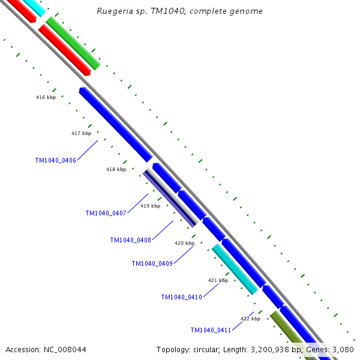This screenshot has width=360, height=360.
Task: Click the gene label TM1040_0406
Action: tap(56, 160)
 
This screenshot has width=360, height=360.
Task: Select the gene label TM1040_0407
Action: tap(106, 213)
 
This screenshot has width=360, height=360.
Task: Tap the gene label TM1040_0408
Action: tap(130, 240)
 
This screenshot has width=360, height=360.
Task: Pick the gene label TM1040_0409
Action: tap(152, 263)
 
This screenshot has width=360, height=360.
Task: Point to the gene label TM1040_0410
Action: tap(181, 297)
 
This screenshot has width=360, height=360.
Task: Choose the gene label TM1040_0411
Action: tap(211, 330)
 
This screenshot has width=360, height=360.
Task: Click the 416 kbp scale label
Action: tap(46, 97)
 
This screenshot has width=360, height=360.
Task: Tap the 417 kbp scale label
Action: tap(81, 133)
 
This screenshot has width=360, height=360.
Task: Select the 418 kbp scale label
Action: tap(116, 169)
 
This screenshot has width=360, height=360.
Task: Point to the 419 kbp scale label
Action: tap(150, 206)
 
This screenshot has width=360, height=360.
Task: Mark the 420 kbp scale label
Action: tap(184, 243)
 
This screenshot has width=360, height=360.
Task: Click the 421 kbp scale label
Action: tap(218, 280)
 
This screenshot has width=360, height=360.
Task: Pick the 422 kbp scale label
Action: tap(250, 319)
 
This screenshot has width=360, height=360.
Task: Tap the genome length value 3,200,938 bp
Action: tap(271, 349)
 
